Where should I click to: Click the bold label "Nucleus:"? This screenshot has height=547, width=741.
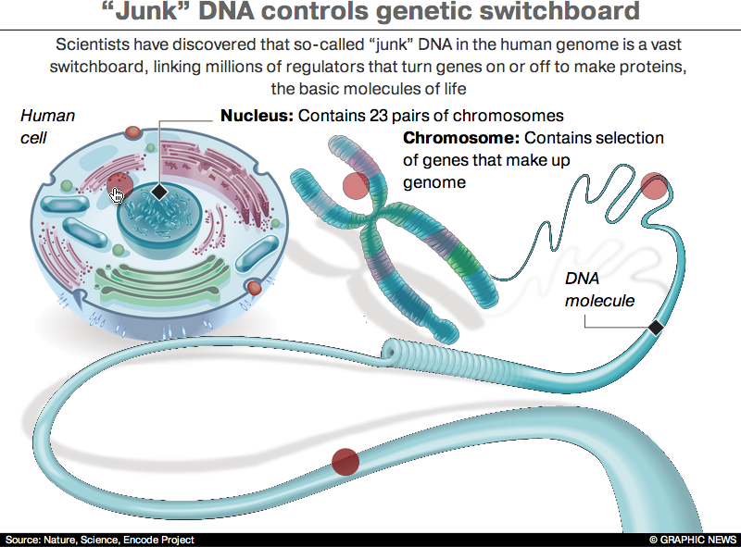pyautogui.click(x=256, y=117)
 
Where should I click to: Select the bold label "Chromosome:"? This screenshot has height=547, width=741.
pyautogui.click(x=461, y=139)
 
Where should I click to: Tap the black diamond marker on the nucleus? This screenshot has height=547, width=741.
pyautogui.click(x=159, y=192)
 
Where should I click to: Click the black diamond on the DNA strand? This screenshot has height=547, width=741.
pyautogui.click(x=656, y=327)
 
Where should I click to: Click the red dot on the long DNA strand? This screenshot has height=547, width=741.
pyautogui.click(x=345, y=460)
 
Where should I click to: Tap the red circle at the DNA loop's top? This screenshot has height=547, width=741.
pyautogui.click(x=655, y=186)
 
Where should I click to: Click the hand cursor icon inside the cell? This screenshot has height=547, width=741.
pyautogui.click(x=118, y=194)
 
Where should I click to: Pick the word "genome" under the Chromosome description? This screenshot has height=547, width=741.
pyautogui.click(x=433, y=182)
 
